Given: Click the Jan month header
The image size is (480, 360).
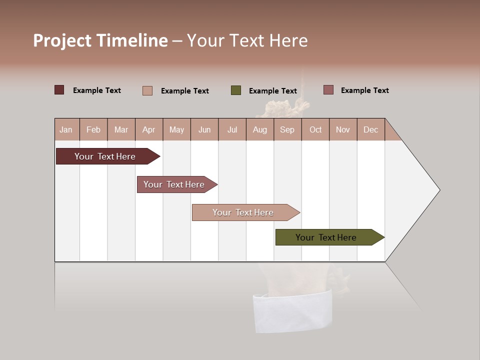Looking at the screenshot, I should (x=66, y=129).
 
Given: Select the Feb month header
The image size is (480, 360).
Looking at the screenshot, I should (x=93, y=129).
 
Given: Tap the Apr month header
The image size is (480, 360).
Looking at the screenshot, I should (x=148, y=129).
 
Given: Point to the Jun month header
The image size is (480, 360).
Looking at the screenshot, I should (x=204, y=129).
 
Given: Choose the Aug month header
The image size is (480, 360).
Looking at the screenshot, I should (x=259, y=129).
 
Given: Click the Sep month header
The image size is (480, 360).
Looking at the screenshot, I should (x=287, y=129).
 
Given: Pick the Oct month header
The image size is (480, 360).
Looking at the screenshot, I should (x=315, y=129).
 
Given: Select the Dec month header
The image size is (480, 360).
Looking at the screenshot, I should (x=370, y=129).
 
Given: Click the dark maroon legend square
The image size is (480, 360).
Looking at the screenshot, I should (x=59, y=90).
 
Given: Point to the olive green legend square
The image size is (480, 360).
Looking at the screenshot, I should (x=236, y=90).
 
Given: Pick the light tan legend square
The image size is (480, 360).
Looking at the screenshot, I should (x=147, y=90).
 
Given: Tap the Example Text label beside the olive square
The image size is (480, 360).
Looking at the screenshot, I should (x=272, y=91).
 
